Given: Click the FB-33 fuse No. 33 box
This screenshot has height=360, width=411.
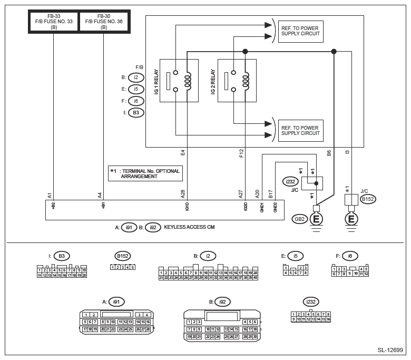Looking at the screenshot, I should [54, 22].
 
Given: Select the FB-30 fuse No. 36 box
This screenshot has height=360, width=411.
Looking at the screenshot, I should [104, 22].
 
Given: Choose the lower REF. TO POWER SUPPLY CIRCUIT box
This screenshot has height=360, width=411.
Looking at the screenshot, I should [300, 130].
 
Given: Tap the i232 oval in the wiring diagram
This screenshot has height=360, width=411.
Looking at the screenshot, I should [291, 181].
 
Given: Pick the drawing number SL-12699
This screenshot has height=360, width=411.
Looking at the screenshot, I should [390, 349].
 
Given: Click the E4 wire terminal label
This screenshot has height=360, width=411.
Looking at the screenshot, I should [183, 153].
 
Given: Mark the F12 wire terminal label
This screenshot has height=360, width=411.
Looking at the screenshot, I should [241, 153].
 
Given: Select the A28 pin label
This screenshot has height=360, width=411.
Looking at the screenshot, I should [183, 194].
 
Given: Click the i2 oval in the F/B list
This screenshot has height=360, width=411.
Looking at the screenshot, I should [135, 77].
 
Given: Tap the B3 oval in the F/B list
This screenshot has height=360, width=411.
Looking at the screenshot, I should [135, 112].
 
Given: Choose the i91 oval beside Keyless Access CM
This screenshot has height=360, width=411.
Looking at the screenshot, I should [128, 228].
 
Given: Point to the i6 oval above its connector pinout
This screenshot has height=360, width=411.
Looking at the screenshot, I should [350, 256].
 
